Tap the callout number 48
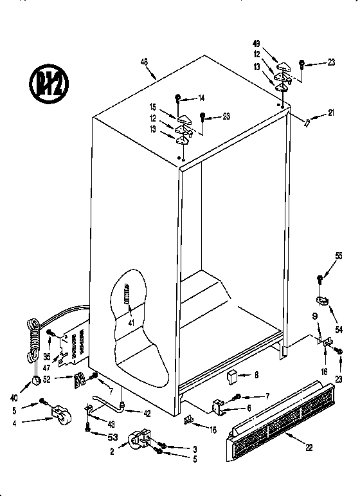pyautogui.click(x=145, y=62)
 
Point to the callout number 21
pyautogui.click(x=330, y=113)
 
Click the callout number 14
pyautogui.click(x=201, y=98)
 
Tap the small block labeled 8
pyautogui.click(x=232, y=376)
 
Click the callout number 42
pyautogui.click(x=147, y=414)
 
